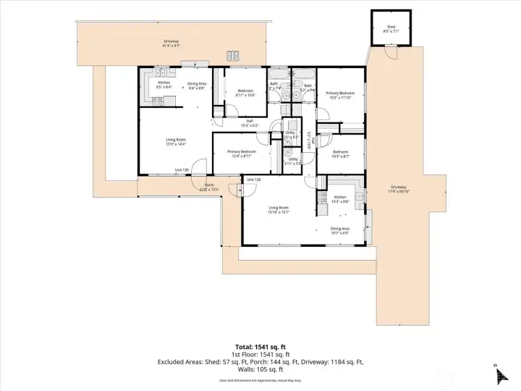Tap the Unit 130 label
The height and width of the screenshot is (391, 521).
(x=182, y=170)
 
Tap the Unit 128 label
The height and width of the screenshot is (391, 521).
(x=253, y=179)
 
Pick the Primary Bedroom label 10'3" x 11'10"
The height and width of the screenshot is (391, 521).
(x=339, y=93)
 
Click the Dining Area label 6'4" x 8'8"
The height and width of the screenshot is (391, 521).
(x=198, y=84)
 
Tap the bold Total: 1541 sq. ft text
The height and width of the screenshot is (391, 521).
(x=260, y=345)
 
